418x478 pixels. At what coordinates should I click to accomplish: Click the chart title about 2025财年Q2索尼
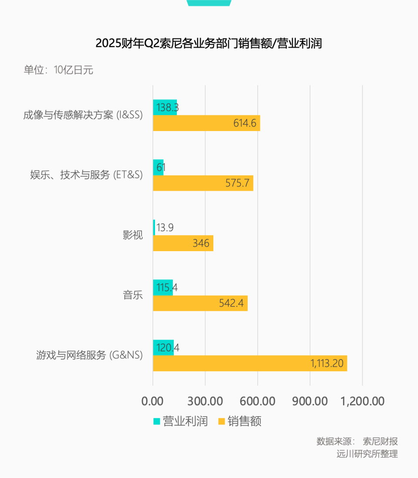pyautogui.click(x=209, y=44)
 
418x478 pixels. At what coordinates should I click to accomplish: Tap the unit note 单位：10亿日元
pyautogui.click(x=58, y=70)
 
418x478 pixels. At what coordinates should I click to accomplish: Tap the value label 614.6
pyautogui.click(x=245, y=124)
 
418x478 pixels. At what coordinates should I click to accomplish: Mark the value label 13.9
pyautogui.click(x=165, y=227)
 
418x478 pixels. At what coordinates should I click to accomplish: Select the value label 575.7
pyautogui.click(x=238, y=183)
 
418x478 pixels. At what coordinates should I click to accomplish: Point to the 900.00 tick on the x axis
pyautogui.click(x=310, y=401)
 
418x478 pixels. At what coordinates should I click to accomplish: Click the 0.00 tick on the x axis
pyautogui.click(x=153, y=401)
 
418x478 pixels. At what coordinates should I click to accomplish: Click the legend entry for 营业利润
pyautogui.click(x=180, y=421)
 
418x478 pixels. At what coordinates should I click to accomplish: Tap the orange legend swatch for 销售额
pyautogui.click(x=221, y=421)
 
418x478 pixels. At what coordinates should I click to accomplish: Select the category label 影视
pyautogui.click(x=132, y=236)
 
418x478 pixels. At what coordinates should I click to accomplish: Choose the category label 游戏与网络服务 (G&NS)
pyautogui.click(x=89, y=355)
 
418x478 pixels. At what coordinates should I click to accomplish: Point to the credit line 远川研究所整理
pyautogui.click(x=367, y=454)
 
